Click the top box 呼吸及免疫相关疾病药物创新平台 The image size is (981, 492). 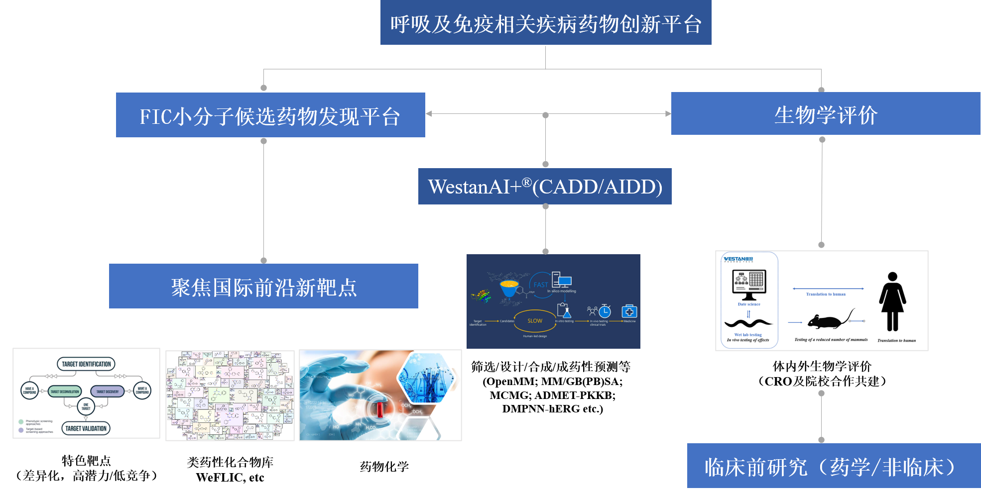point(545,23)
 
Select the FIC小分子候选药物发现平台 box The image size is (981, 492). point(270,115)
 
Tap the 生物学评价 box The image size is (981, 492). point(825,114)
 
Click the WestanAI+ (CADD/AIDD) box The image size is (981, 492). point(545,187)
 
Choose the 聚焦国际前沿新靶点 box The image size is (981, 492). point(263,287)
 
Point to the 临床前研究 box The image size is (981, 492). point(833,466)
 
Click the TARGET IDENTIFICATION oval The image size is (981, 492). point(86,364)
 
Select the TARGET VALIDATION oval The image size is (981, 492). point(86,428)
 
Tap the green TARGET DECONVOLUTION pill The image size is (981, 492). point(65,392)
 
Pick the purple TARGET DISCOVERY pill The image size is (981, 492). point(108,392)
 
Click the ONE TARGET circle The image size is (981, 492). point(86,406)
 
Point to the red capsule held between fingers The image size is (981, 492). point(380,409)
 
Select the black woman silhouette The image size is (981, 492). point(892,301)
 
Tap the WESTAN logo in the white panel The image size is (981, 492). point(738,259)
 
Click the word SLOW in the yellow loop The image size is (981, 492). point(535,321)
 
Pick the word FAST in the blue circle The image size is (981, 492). point(540,285)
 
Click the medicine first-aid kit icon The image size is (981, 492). point(629,311)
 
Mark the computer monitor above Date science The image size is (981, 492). point(749,284)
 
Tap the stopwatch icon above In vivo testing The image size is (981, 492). point(605,311)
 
